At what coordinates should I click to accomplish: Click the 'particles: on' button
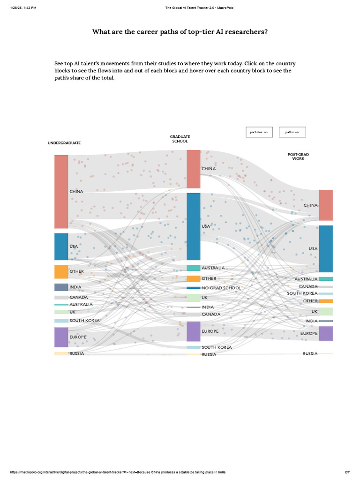[x=259, y=132]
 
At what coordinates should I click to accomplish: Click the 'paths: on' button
[x=292, y=132]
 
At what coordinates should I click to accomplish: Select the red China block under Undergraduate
[x=61, y=191]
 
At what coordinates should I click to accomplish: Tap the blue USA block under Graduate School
[x=193, y=226]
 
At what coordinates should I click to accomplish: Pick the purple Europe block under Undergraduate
[x=61, y=337]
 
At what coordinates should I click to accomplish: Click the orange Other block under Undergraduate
[x=61, y=272]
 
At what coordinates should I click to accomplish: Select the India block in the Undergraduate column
[x=61, y=287]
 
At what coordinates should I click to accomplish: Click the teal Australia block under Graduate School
[x=193, y=268]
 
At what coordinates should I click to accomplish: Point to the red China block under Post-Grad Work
[x=326, y=205]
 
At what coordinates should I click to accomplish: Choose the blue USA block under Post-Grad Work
[x=326, y=248]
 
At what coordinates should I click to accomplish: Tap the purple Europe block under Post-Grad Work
[x=326, y=333]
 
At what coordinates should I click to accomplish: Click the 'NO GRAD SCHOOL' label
[x=221, y=288]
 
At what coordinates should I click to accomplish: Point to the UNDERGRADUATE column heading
[x=64, y=143]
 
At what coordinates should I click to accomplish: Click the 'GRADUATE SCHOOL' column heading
[x=180, y=139]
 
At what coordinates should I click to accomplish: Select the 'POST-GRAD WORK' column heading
[x=298, y=157]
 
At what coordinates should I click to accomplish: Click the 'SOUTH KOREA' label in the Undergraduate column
[x=85, y=321]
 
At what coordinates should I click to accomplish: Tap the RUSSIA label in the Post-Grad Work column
[x=310, y=353]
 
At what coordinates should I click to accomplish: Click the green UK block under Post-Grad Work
[x=326, y=312]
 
